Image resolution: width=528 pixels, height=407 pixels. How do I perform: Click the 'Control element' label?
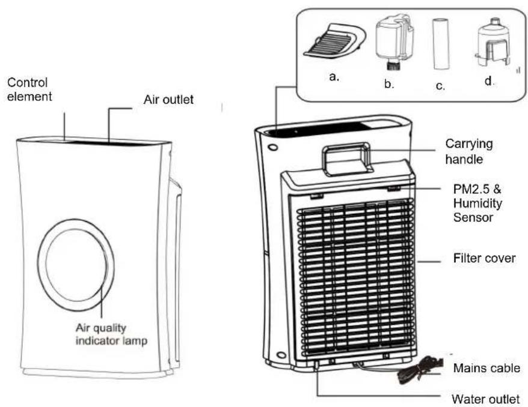click(29, 89)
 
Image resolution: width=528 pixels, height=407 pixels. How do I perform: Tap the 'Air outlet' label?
click(168, 100)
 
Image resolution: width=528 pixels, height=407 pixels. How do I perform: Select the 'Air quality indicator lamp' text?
click(111, 334)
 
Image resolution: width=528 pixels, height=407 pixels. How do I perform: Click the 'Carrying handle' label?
click(468, 151)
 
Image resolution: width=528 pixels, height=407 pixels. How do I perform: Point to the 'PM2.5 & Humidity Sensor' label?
click(477, 203)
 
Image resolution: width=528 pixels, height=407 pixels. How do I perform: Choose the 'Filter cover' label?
click(484, 258)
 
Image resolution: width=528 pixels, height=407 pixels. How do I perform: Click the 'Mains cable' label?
click(487, 367)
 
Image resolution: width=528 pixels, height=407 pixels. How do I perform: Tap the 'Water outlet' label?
click(485, 399)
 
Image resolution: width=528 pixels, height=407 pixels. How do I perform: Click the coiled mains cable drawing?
click(421, 370)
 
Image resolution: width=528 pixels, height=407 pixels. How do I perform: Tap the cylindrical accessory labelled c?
click(441, 44)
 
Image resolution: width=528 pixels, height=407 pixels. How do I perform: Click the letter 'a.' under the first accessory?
click(334, 77)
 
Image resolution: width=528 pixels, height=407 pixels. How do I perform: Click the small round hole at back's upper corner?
click(274, 147)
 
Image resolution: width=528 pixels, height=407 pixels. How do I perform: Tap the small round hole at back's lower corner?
click(281, 355)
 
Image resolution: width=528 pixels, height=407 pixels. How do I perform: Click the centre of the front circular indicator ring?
click(76, 265)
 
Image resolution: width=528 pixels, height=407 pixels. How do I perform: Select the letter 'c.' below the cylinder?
click(440, 86)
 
